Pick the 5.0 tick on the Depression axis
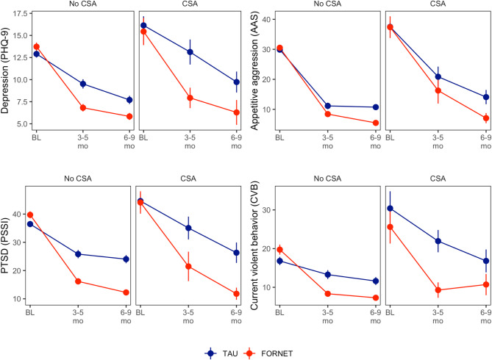(21, 123)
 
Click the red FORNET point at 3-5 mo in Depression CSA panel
(190, 98)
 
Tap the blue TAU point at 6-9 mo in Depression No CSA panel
(129, 100)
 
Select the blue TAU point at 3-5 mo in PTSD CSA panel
(190, 228)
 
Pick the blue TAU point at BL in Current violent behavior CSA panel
(390, 208)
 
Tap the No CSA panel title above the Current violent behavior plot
(327, 179)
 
